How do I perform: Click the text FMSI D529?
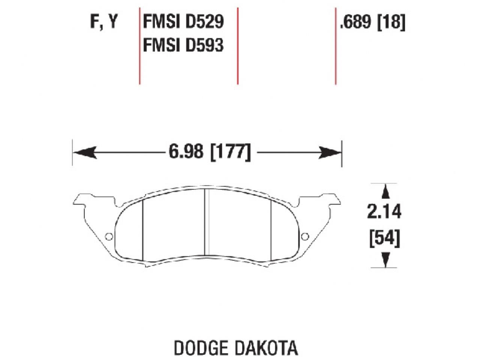pos(183,22)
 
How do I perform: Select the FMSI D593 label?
pos(183,46)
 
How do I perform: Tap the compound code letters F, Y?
pos(104,22)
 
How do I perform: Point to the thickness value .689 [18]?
pos(372,22)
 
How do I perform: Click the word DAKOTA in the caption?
pos(266,348)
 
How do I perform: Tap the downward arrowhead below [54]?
pos(384,259)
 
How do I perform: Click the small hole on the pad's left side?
pos(109,236)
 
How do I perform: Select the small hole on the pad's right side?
pos(305,236)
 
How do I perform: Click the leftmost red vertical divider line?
pos(139,45)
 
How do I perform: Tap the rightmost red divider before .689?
pos(335,45)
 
